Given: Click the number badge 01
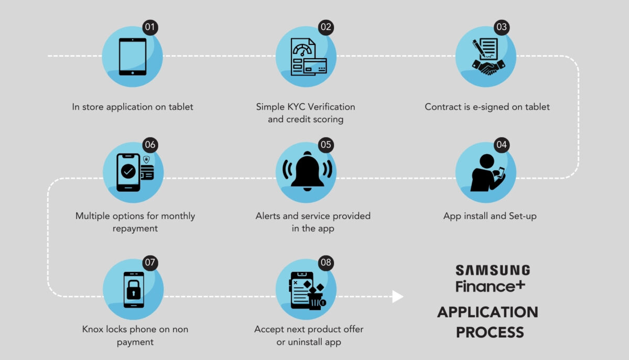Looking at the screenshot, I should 150,28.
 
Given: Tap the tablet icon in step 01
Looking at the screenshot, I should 133,56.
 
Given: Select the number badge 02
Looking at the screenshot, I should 326,28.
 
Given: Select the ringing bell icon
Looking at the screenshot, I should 308,172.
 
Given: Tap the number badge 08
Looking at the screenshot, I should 326,263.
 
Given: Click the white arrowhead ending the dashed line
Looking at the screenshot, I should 398,297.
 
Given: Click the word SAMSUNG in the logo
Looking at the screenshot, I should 493,270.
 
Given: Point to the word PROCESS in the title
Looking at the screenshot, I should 490,332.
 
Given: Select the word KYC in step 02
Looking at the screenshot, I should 296,107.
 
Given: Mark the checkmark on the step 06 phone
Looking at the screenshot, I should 128,171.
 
